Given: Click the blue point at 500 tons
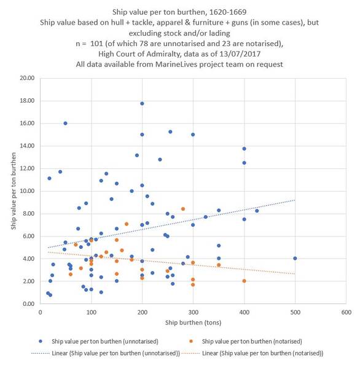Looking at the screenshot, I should (x=295, y=258).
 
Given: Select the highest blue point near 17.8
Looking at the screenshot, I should (x=142, y=103).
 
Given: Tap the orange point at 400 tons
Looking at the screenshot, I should (x=244, y=281).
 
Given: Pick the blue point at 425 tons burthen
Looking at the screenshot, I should (x=257, y=211).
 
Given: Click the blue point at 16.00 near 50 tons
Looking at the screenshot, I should (x=65, y=123).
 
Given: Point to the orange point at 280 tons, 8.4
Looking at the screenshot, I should (x=182, y=209).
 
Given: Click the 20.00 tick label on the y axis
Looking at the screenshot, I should (x=25, y=79).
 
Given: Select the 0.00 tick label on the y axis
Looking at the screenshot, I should (x=26, y=304).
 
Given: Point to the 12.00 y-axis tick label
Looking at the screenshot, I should (x=25, y=169).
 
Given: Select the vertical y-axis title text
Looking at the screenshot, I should (x=12, y=191).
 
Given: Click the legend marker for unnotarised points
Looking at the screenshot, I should (x=41, y=340).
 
